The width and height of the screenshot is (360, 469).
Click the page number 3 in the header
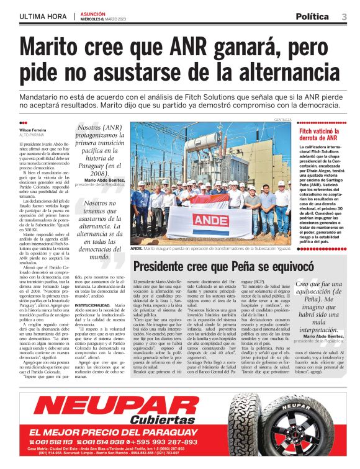[x=344, y=16]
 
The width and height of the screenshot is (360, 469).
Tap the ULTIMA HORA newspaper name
[x=44, y=17]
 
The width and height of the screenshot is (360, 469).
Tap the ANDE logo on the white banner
[x=210, y=220]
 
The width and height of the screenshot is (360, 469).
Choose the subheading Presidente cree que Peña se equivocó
[x=223, y=266]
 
